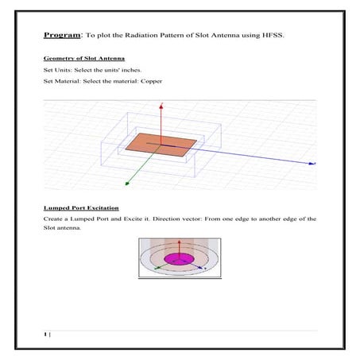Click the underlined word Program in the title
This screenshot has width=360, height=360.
coord(61,35)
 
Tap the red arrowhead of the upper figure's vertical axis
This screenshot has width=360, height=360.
coord(161,105)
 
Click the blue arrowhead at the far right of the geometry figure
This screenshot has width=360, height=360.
coord(313,163)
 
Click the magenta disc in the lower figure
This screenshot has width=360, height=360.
coord(179,259)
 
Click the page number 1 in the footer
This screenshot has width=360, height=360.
coord(46,335)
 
